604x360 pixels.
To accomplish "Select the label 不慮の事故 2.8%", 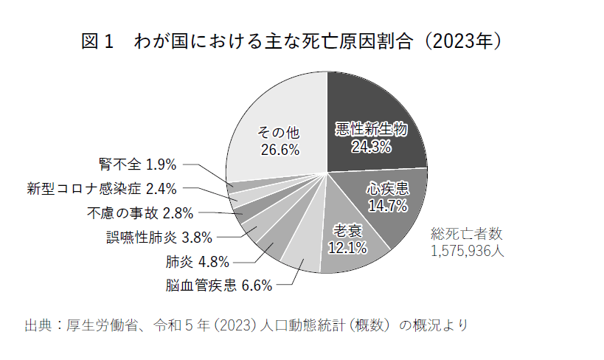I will (x=139, y=213).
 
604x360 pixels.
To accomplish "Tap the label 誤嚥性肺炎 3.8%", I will (x=159, y=238).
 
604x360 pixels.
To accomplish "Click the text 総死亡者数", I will (x=466, y=234).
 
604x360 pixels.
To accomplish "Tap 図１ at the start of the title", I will (x=96, y=43).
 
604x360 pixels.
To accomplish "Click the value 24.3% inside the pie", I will (x=371, y=147).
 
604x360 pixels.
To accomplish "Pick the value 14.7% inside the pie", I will (x=388, y=207).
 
